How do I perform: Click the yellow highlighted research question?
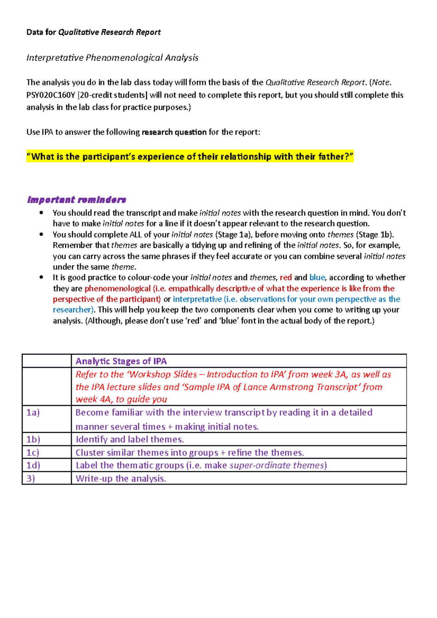pos(190,157)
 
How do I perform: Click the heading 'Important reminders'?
pos(76,200)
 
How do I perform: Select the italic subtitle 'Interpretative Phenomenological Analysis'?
pos(112,58)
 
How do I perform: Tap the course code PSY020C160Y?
pos(51,95)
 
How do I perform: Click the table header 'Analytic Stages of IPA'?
pos(121,361)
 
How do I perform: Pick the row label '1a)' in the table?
pos(33,412)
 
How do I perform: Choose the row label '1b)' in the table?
pos(33,439)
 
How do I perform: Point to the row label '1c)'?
pos(33,452)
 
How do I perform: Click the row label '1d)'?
pos(33,465)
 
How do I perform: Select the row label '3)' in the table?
pos(31,478)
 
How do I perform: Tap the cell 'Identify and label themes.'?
pos(130,439)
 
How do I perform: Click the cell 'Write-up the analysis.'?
pos(121,478)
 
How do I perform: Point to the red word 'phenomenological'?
pos(117,289)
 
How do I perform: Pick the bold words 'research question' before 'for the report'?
pos(174,132)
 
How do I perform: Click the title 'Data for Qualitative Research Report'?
pos(93,32)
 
